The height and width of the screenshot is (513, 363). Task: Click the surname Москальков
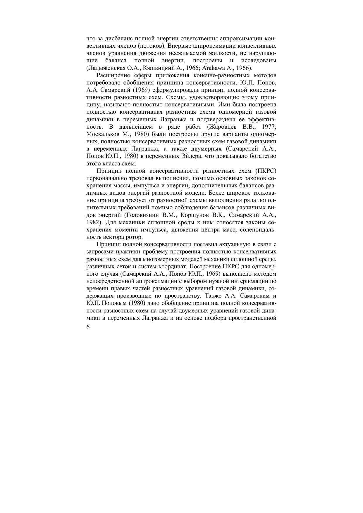(x=103, y=134)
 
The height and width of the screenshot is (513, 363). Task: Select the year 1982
(x=93, y=222)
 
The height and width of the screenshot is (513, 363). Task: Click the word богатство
(x=263, y=156)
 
